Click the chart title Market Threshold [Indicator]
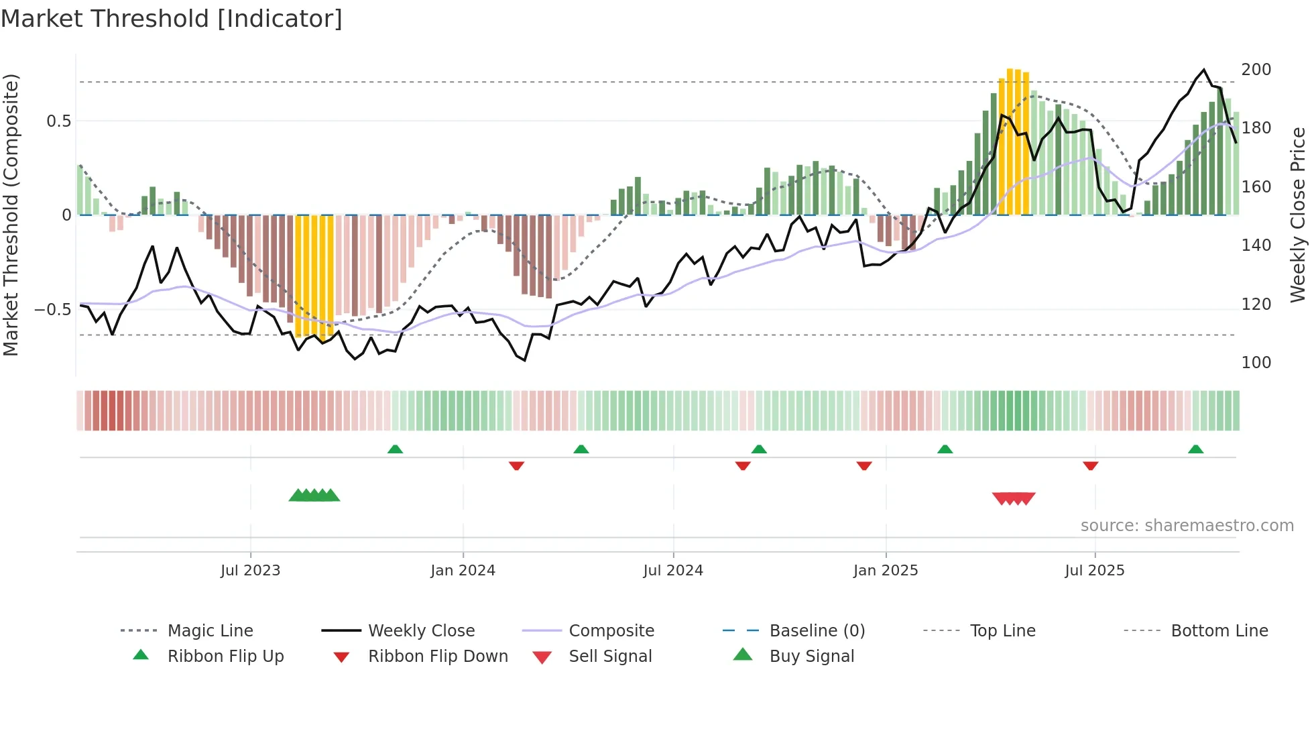[172, 19]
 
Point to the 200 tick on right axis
[1256, 70]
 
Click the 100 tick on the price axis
[1256, 363]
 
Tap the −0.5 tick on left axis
[52, 310]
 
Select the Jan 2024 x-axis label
[463, 571]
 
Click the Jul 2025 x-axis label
[1094, 571]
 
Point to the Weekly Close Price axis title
[1298, 215]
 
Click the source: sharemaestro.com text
[1187, 526]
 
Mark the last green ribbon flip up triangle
[1195, 449]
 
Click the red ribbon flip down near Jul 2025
[1091, 465]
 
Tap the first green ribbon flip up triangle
[395, 449]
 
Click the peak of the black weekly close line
[1204, 70]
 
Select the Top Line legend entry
[1002, 631]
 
